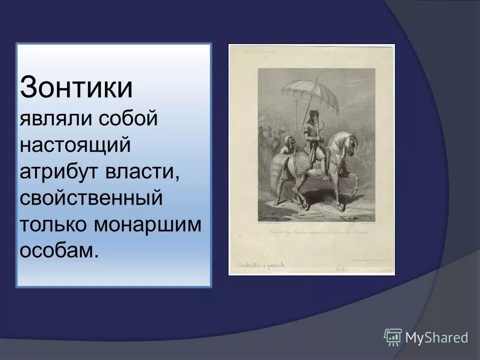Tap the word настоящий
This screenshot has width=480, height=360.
coord(75,145)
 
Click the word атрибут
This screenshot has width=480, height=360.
coord(58,171)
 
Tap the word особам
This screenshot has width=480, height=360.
coord(57,249)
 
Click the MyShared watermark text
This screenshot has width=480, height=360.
coord(436,337)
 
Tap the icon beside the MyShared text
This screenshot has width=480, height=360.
coord(393,337)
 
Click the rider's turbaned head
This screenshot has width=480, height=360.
coord(313,114)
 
